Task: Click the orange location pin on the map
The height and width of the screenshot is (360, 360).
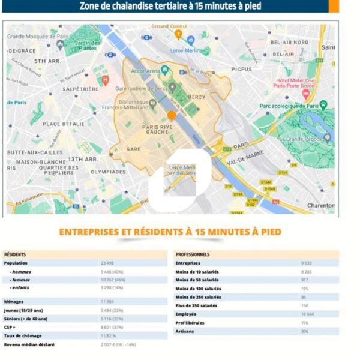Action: [x=172, y=115]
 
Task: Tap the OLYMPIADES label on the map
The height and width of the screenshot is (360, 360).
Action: [x=108, y=172]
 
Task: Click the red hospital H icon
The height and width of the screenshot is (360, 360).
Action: [x=106, y=79]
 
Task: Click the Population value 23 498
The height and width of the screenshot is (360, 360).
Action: [x=106, y=263]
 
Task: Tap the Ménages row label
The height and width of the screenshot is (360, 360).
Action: [x=14, y=301]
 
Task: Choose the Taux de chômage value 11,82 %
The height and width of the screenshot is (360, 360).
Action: [x=108, y=335]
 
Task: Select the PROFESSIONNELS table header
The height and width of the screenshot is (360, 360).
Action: [x=193, y=254]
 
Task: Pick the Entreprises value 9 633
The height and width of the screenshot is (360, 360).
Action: [x=307, y=263]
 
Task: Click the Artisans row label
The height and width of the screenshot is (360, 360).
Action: [x=185, y=331]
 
